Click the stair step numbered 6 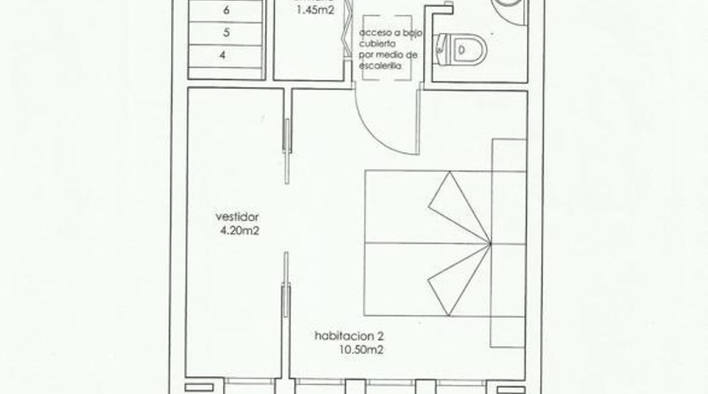coord(226,11)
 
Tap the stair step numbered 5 coord(226,33)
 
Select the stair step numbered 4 coord(226,56)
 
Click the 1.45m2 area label coord(315,10)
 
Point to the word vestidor coord(237,217)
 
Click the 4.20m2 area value coord(240,231)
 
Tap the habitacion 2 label coord(349,336)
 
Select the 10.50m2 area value coord(361,350)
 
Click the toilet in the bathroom coord(460,48)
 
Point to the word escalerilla coord(381,66)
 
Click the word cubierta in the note coord(377,44)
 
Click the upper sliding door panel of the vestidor coord(287,151)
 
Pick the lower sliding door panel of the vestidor coord(286,285)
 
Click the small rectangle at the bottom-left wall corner coord(199,388)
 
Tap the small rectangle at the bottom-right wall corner coord(512,390)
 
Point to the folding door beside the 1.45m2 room coord(346,30)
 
